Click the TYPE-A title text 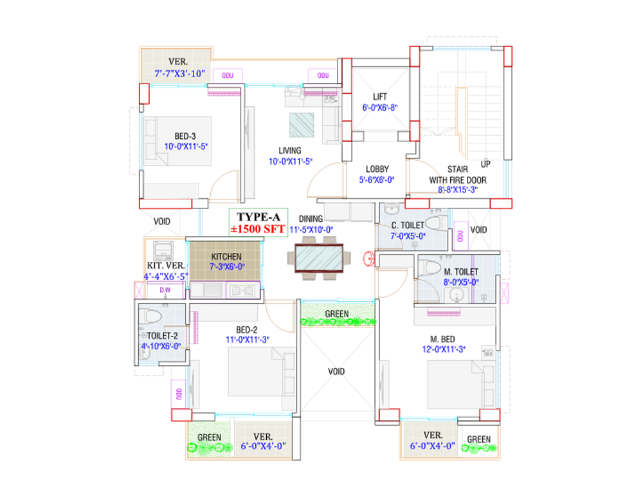(x=258, y=217)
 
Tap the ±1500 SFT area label (x=258, y=228)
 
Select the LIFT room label (x=379, y=96)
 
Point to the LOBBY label (x=377, y=169)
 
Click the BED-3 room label (x=185, y=136)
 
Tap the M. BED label (x=442, y=339)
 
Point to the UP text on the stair (x=485, y=163)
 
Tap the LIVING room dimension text (x=290, y=161)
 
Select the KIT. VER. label (x=166, y=266)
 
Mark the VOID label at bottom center (x=336, y=371)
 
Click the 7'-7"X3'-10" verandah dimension (x=179, y=74)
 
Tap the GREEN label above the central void (x=337, y=314)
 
